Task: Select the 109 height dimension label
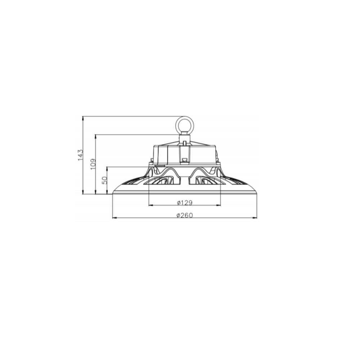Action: click(x=93, y=164)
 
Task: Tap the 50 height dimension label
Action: click(x=105, y=180)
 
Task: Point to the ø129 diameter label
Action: click(x=185, y=203)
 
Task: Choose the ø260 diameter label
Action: click(x=185, y=215)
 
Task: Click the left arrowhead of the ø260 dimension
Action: click(x=114, y=218)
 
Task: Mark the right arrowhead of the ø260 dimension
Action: click(x=255, y=218)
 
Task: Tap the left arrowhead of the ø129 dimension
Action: click(x=151, y=205)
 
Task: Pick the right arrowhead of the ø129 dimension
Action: click(x=218, y=205)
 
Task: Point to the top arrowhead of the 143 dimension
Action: click(x=83, y=118)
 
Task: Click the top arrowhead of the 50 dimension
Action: click(x=108, y=168)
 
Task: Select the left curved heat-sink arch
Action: click(x=166, y=172)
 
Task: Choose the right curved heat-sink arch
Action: click(x=203, y=172)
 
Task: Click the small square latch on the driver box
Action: click(x=185, y=159)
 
